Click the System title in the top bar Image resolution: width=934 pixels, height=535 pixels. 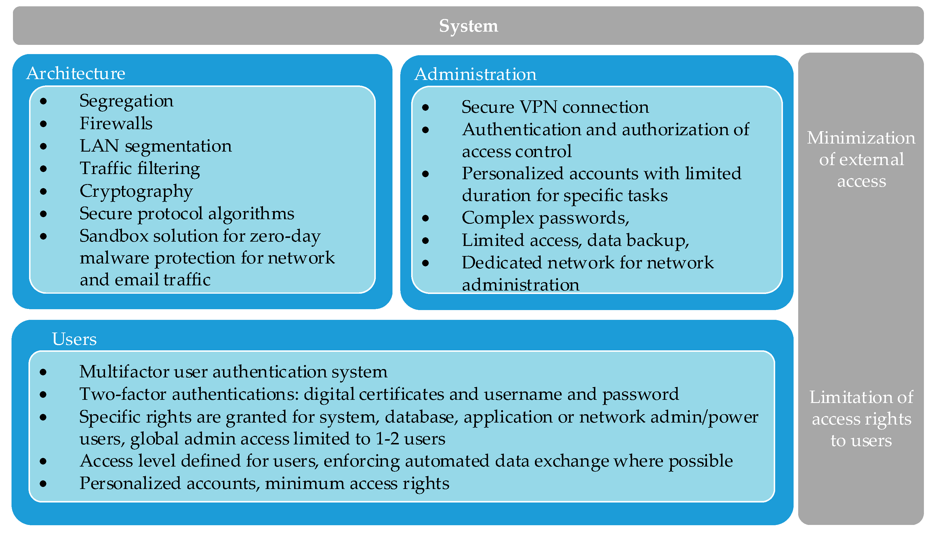[468, 26]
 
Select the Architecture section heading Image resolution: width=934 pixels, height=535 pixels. [76, 73]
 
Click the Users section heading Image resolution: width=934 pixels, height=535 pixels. [74, 339]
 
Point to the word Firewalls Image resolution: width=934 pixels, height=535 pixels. [116, 123]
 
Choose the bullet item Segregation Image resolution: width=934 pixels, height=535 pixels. [126, 101]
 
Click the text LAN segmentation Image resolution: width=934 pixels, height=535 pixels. [155, 146]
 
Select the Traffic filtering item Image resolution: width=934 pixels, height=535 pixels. [140, 168]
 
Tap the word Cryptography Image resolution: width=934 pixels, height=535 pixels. [136, 191]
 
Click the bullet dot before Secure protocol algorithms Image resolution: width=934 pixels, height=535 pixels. [43, 214]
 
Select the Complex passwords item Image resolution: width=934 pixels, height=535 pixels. [545, 218]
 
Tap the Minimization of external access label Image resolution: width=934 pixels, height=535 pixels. [861, 159]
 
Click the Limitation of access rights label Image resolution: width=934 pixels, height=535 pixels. [861, 419]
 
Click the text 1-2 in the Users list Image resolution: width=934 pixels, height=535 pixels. [387, 439]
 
